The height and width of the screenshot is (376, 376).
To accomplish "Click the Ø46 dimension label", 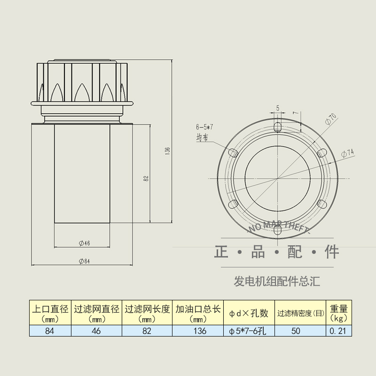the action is pos(85,243).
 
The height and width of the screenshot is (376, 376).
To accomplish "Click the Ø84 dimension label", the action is pos(85,261).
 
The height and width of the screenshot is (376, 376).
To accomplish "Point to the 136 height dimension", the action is pos(167,150).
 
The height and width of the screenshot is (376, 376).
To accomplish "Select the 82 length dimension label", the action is pos(146,179).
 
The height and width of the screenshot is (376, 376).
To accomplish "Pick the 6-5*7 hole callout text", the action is pos(205,127).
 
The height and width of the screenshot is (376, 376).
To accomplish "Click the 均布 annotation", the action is pos(202,138).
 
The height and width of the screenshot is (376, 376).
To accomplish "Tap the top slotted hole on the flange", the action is pos(278,127).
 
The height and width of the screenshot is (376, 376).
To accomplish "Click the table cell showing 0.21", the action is pos(338,331).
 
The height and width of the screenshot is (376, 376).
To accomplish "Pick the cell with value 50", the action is pos(295,331).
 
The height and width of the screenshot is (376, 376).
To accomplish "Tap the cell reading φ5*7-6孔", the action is pos(248,331).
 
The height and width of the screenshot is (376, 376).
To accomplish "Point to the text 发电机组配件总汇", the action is pos(277,282).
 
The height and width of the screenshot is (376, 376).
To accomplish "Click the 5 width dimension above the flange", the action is pos(278,109).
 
